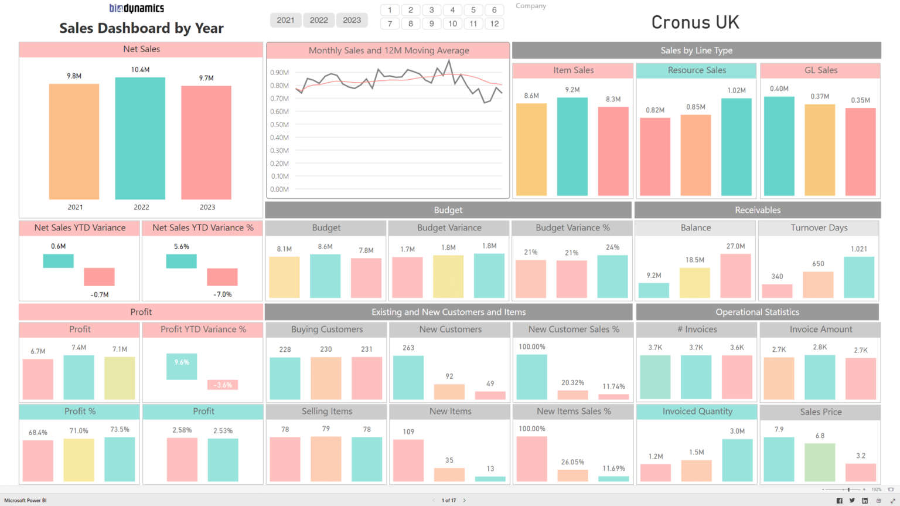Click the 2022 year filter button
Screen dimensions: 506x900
point(319,20)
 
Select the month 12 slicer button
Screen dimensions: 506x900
point(495,23)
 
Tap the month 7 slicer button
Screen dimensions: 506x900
point(390,23)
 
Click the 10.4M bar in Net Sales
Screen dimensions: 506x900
point(140,138)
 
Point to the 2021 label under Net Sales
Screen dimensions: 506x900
point(75,207)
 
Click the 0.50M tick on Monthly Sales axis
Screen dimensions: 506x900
point(279,124)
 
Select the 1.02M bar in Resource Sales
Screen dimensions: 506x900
point(736,147)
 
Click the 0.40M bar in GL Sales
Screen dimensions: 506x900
point(779,145)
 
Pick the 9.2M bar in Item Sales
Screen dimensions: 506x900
point(572,146)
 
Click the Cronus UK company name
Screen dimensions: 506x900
point(695,22)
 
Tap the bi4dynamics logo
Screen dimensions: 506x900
point(137,8)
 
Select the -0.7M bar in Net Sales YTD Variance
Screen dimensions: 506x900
point(99,277)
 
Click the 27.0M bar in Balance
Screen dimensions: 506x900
point(735,276)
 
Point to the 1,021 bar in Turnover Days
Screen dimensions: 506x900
point(858,277)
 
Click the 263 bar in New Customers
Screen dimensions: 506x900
point(408,378)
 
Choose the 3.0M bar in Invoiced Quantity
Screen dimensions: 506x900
point(737,460)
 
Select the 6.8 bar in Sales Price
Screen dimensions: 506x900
point(819,462)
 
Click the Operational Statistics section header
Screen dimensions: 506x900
point(757,312)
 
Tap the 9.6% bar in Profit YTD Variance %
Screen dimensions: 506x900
point(182,366)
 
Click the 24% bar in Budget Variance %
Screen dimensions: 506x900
point(612,276)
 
